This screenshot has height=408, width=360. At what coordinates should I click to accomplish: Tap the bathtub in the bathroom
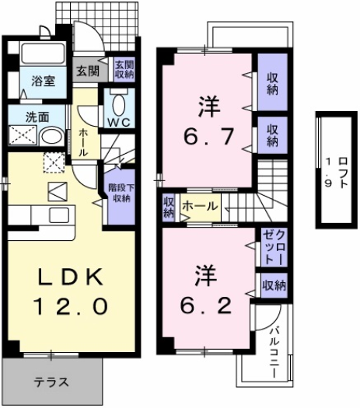click(x=43, y=54)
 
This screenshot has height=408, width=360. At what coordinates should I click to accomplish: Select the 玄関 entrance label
click(x=87, y=71)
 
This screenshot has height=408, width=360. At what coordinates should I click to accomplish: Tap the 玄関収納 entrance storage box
click(x=124, y=70)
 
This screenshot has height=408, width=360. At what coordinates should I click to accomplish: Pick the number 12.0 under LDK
click(x=68, y=307)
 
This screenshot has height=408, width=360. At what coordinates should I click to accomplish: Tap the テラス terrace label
click(x=51, y=382)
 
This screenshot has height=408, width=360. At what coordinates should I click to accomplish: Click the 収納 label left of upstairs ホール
click(x=169, y=207)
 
